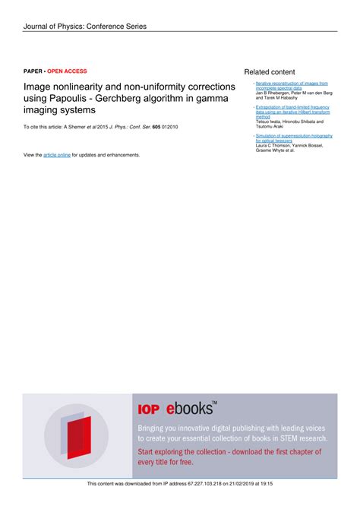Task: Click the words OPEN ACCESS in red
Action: (68, 71)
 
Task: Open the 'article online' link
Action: (57, 155)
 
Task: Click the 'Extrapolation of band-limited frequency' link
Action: (292, 108)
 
